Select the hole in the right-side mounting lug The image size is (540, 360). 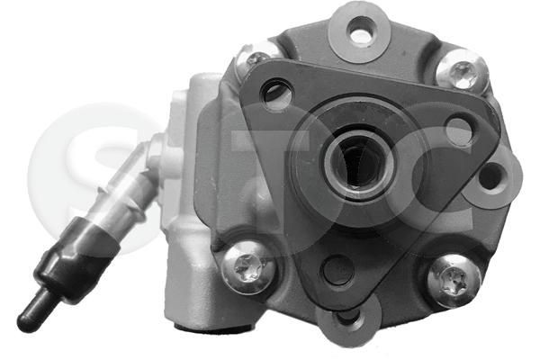(x=491, y=175)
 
